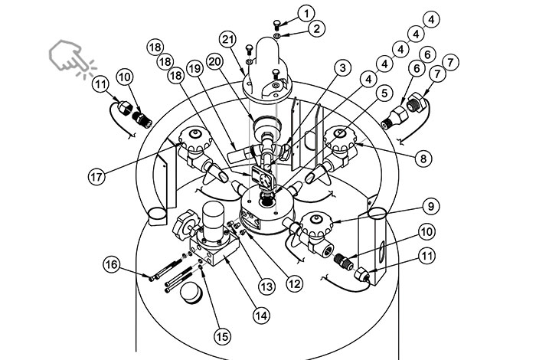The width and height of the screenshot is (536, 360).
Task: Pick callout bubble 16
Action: [x=112, y=265]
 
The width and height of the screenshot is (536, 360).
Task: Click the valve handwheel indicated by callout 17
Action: [x=193, y=139]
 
